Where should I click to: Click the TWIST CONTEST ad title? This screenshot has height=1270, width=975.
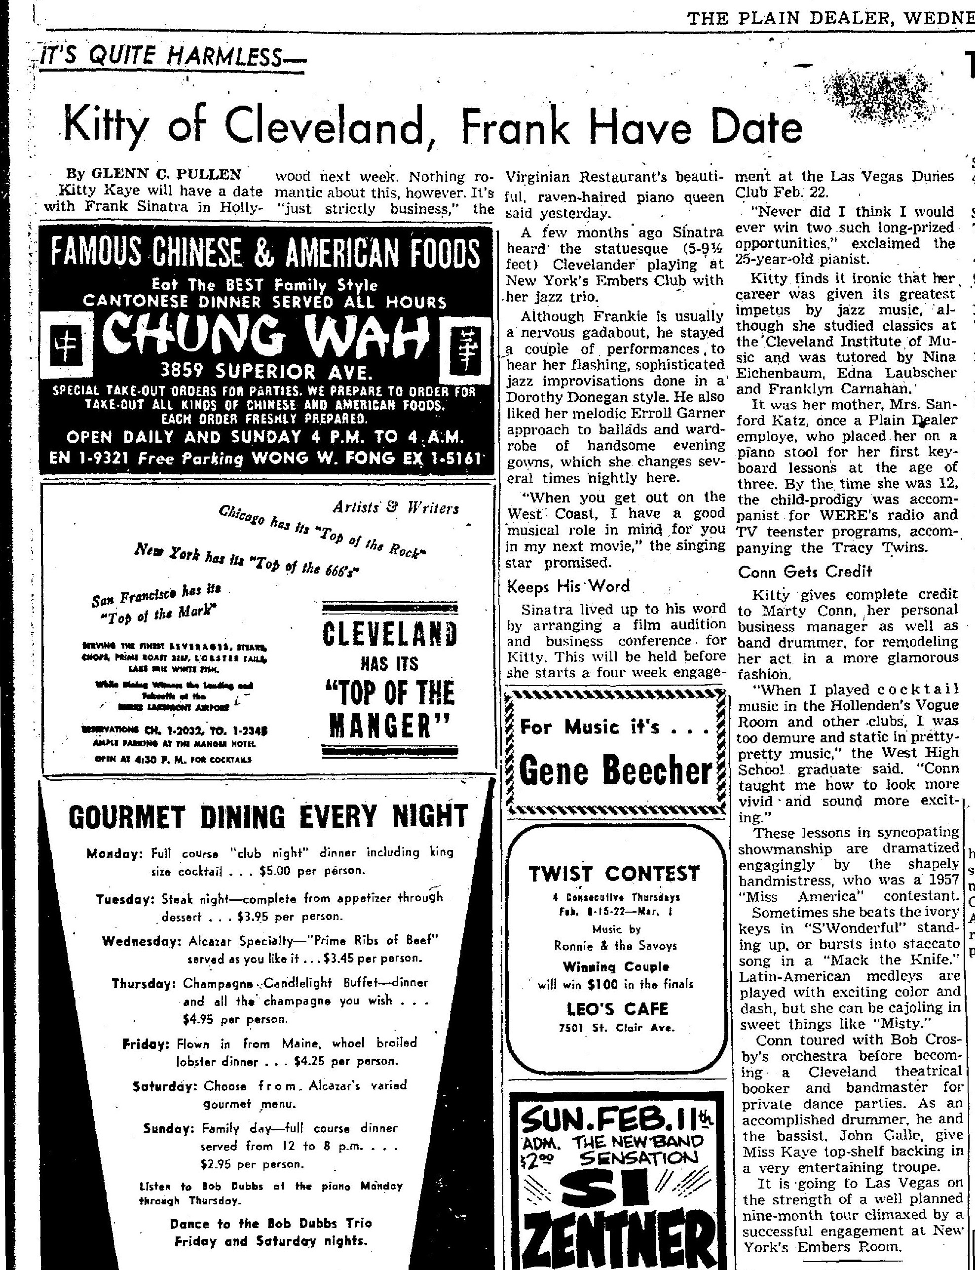[614, 873]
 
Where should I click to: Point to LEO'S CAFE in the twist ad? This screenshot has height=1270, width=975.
[618, 1009]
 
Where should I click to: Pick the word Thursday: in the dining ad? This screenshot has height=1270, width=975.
[145, 983]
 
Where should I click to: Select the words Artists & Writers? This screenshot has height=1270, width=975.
[395, 508]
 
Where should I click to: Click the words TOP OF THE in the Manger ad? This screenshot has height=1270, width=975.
[389, 693]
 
